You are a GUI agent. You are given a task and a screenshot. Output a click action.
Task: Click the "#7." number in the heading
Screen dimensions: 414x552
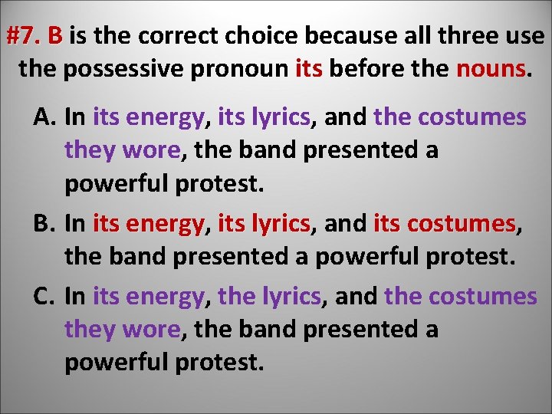tap(23, 36)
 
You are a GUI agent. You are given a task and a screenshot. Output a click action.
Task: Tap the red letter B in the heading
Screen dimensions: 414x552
tap(55, 36)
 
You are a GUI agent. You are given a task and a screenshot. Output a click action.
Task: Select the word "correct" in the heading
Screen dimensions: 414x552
tap(174, 36)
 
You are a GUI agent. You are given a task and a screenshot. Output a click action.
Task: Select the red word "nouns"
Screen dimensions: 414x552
tap(491, 70)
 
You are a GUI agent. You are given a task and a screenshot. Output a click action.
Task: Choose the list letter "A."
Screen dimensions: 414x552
tap(45, 117)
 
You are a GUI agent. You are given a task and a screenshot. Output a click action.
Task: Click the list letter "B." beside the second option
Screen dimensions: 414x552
tap(45, 225)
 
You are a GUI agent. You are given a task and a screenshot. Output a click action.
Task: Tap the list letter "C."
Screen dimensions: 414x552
tap(45, 297)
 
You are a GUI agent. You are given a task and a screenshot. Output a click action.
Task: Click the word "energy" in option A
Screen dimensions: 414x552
tap(166, 117)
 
